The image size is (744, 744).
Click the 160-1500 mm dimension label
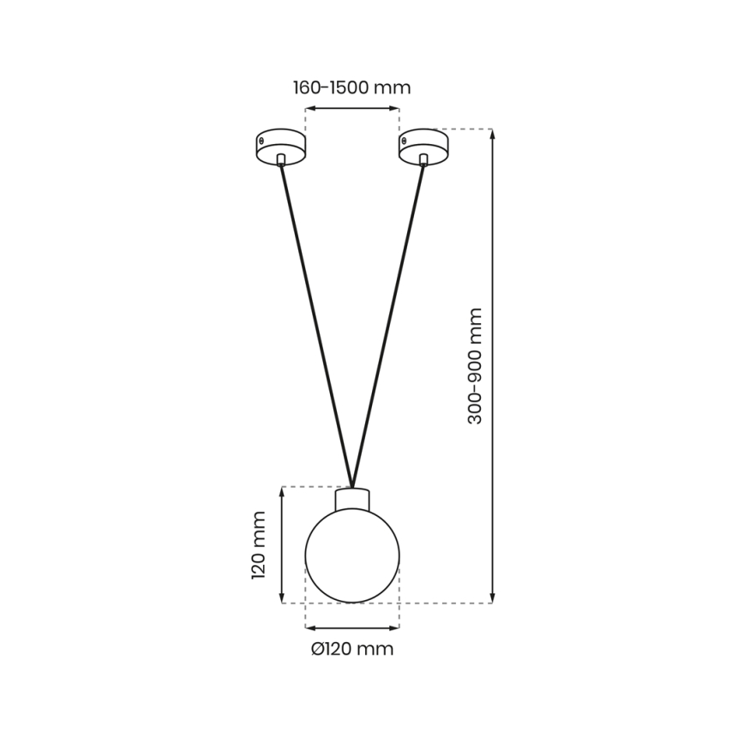pyautogui.click(x=351, y=87)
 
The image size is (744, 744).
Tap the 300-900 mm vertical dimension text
pyautogui.click(x=476, y=366)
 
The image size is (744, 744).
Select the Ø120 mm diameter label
pyautogui.click(x=351, y=649)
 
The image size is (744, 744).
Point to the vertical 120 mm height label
pyautogui.click(x=259, y=545)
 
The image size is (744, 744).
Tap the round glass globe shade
pyautogui.click(x=352, y=555)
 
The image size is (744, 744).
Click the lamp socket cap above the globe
pyautogui.click(x=352, y=498)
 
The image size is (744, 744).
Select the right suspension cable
pyautogui.click(x=388, y=321)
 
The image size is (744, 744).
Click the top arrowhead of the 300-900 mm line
pyautogui.click(x=492, y=134)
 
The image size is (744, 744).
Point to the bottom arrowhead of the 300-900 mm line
pyautogui.click(x=492, y=598)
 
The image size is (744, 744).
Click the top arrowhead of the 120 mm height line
pyautogui.click(x=282, y=491)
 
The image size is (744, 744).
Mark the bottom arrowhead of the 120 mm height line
pyautogui.click(x=282, y=598)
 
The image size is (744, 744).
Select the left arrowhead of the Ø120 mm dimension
pyautogui.click(x=309, y=627)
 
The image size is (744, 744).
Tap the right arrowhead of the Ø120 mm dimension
pyautogui.click(x=395, y=627)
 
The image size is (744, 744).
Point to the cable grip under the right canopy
pyautogui.click(x=423, y=159)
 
